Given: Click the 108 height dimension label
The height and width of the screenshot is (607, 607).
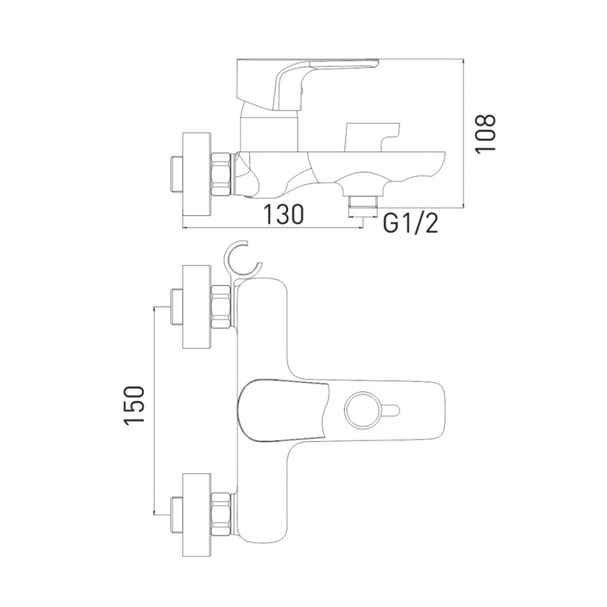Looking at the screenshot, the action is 486,134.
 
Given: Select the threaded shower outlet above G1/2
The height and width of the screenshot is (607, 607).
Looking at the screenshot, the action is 363,202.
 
